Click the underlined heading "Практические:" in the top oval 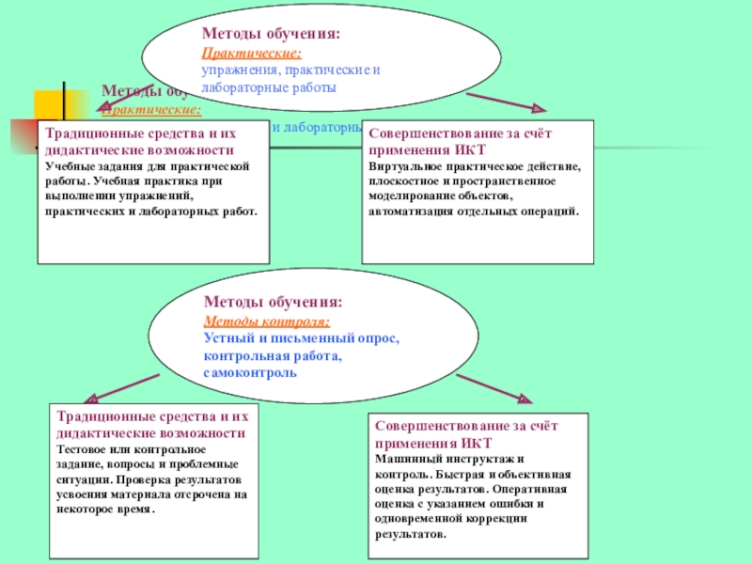pyautogui.click(x=239, y=54)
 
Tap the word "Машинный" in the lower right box pyautogui.click(x=402, y=459)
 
